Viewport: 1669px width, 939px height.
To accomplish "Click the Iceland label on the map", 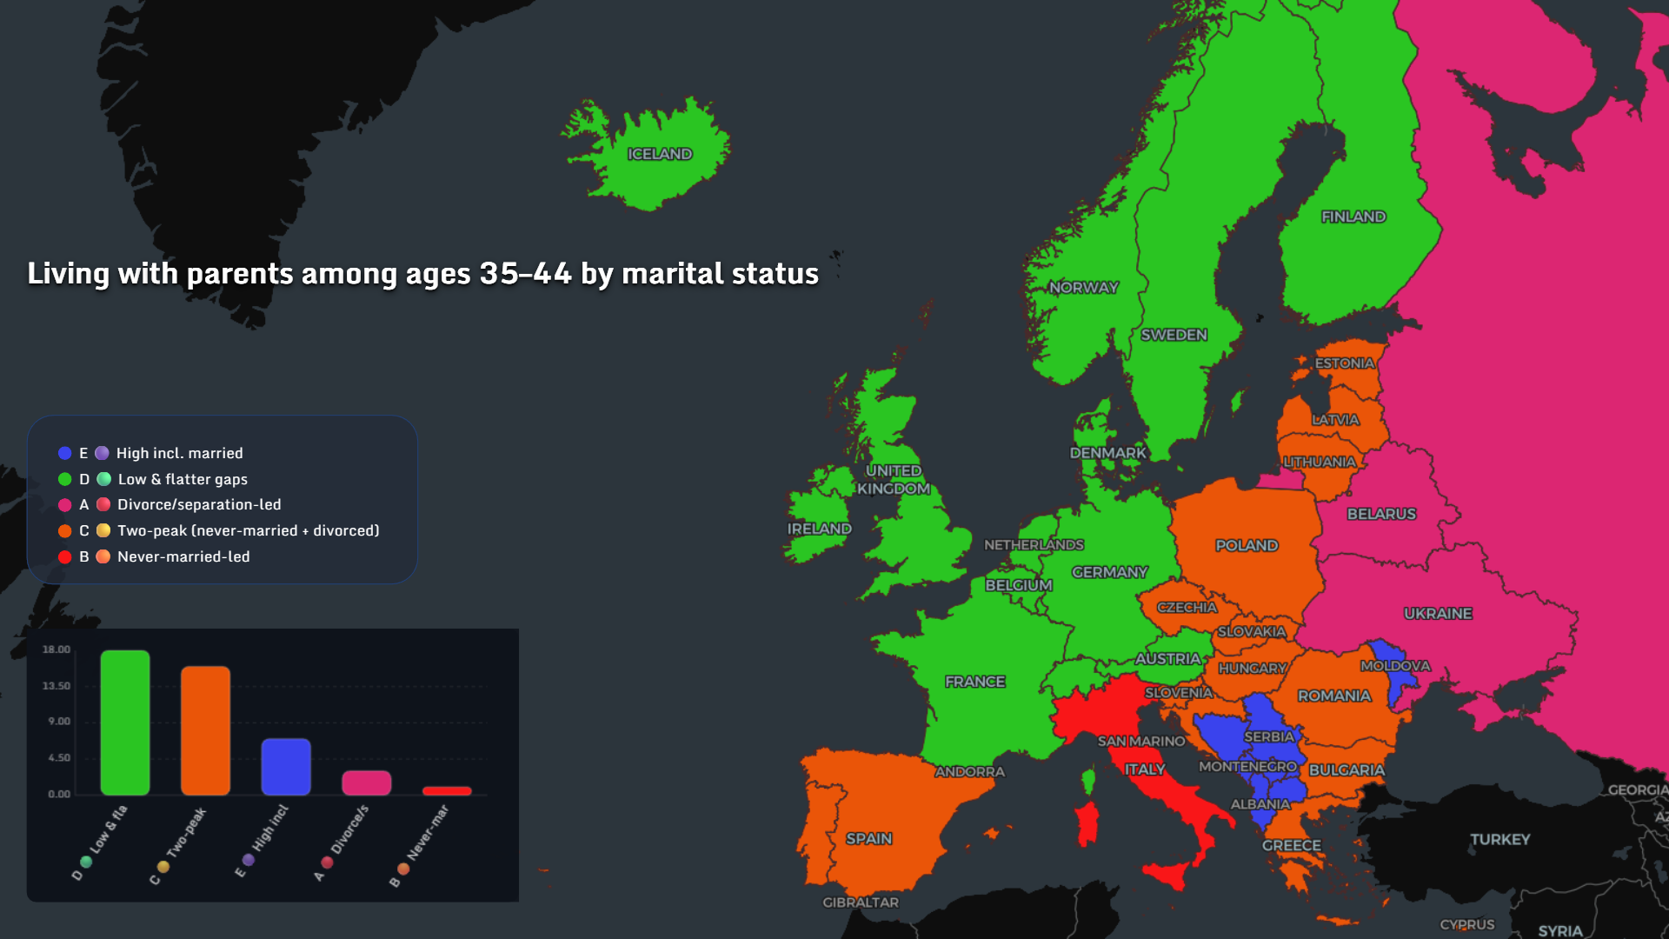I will (x=660, y=154).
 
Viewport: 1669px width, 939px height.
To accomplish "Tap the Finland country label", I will (x=1353, y=216).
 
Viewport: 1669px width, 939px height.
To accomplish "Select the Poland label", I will (x=1247, y=545).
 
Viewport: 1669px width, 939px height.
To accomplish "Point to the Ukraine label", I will (x=1438, y=613).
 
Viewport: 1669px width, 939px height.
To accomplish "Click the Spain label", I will (x=868, y=838).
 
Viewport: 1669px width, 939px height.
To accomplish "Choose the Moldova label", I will (x=1394, y=665).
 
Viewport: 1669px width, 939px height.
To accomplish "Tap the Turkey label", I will (x=1499, y=839).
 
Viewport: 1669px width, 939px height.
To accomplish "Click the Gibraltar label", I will (x=861, y=902).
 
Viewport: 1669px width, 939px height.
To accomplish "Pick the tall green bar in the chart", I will (x=125, y=722).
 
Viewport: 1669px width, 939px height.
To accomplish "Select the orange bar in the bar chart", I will (x=205, y=730).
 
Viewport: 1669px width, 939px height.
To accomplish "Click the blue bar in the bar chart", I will (x=286, y=766).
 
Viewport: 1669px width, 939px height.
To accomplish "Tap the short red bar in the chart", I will (x=447, y=790).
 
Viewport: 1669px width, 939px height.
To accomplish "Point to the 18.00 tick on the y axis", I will (x=57, y=649).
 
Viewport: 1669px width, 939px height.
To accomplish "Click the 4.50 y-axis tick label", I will (x=58, y=757).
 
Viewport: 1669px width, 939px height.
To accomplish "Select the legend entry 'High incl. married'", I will (x=179, y=453).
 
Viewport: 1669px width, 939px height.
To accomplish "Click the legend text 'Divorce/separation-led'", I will (x=199, y=504).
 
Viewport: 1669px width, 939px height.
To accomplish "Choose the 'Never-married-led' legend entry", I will (x=183, y=556).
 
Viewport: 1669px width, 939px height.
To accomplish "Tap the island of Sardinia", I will (x=1087, y=823).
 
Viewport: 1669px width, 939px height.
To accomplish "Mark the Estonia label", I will (x=1344, y=363).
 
